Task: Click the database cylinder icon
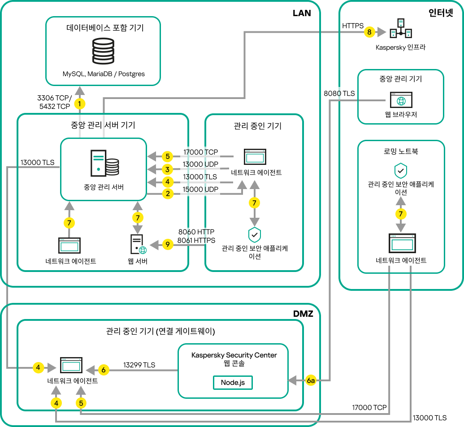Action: [x=103, y=52]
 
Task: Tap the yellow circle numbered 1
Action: [x=80, y=104]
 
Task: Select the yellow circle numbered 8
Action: [x=369, y=32]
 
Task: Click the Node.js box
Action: [x=233, y=382]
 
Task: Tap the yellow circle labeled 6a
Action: [x=312, y=380]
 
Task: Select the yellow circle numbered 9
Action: [x=167, y=245]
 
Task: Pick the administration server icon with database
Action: [x=104, y=164]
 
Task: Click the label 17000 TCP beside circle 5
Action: [x=200, y=152]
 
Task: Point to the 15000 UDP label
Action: [x=200, y=190]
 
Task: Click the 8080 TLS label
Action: [x=339, y=94]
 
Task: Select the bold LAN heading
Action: [x=302, y=13]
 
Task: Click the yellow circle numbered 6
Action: [x=104, y=370]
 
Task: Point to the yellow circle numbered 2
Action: [x=167, y=194]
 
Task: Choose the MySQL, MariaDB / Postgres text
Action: [x=104, y=74]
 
